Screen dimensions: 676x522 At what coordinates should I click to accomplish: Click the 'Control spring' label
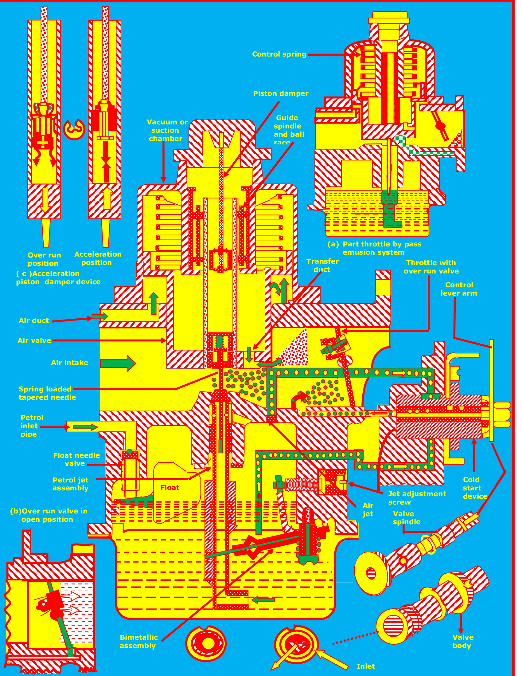point(279,54)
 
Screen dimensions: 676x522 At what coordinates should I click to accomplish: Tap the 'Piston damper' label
point(280,93)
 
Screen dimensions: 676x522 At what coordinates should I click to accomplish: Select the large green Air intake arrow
point(118,363)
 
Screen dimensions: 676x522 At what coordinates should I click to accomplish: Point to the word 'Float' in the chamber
point(170,488)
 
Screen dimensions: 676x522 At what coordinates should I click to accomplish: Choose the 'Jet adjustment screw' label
point(417,498)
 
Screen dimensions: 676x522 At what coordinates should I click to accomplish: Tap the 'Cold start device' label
point(475,488)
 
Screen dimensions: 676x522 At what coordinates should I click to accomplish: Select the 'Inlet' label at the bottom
point(365,666)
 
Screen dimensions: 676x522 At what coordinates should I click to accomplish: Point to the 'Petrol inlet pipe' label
point(31,426)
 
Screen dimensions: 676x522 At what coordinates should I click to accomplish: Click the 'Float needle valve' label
point(76,459)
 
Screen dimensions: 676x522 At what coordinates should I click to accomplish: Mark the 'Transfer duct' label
point(322,265)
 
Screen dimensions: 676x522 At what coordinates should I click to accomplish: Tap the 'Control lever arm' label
point(459,289)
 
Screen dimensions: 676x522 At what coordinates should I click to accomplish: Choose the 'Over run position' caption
point(44,259)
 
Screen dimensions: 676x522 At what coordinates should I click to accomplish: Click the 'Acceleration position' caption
point(98,258)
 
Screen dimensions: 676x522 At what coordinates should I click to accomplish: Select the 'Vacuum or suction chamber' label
point(167,130)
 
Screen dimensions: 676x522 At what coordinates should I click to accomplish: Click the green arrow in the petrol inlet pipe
point(85,427)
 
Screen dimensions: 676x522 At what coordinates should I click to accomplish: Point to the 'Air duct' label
point(34,321)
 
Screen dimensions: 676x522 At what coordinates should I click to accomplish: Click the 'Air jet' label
point(368,509)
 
